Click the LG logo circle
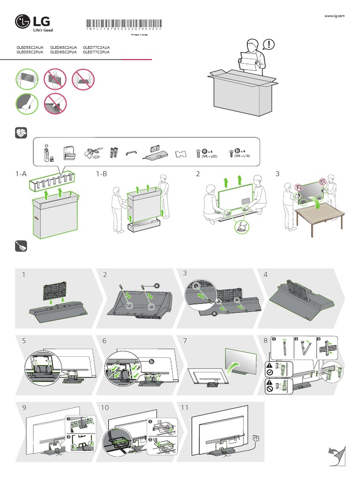pos(22,21)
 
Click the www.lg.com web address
pos(334,16)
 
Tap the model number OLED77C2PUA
pos(96,52)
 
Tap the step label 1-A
pos(21,174)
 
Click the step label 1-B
pos(101,174)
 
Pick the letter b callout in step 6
pos(151,361)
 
